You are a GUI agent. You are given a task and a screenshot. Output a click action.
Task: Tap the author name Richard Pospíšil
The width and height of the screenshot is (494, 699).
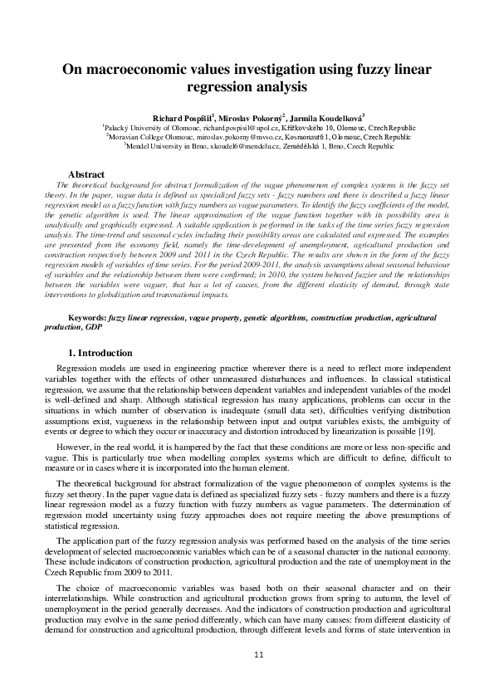coord(180,119)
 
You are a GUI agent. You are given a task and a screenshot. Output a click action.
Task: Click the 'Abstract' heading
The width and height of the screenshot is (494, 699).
coord(86,174)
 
